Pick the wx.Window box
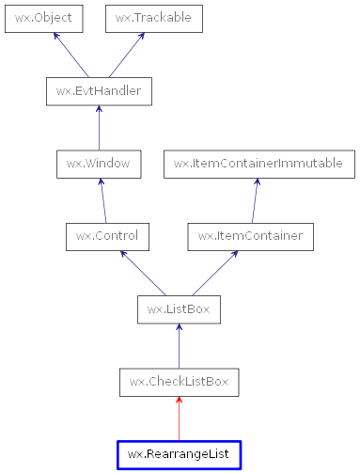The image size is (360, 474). point(99,163)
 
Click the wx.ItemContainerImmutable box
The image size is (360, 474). point(258,163)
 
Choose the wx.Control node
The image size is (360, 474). point(103,236)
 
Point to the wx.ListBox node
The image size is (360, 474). point(179,308)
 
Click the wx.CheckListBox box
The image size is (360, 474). point(179,382)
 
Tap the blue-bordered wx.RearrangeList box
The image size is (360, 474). point(179,454)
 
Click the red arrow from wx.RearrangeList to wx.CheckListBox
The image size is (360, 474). point(179,419)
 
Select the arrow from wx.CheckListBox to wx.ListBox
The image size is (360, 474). point(179,346)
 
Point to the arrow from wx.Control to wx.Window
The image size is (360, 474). point(101,200)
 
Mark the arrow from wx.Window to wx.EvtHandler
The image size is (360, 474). point(99,127)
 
